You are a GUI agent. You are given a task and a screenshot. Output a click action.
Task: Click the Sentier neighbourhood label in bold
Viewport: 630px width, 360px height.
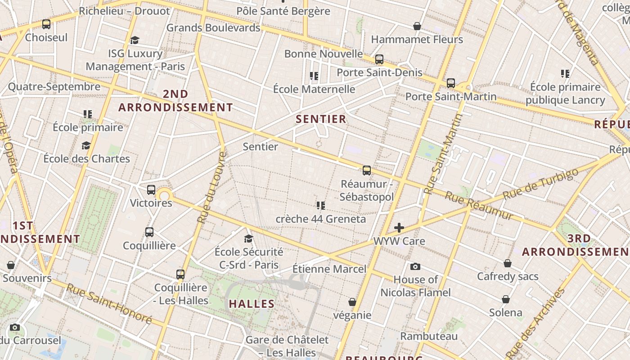tap(321, 119)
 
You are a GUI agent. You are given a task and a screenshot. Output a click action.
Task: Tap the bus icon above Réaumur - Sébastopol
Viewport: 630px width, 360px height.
tap(367, 171)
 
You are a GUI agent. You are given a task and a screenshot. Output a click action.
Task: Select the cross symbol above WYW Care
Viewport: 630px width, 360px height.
tap(399, 228)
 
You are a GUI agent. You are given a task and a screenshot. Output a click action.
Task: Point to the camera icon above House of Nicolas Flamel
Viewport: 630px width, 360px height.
tap(415, 266)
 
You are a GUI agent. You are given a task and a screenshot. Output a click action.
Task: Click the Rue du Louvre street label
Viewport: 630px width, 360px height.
tap(211, 187)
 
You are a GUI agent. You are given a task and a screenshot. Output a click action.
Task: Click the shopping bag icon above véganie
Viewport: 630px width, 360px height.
tap(352, 302)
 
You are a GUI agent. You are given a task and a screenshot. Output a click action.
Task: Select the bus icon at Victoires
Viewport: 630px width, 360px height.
tap(151, 190)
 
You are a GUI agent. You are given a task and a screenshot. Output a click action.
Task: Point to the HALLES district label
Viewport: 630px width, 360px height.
tap(252, 304)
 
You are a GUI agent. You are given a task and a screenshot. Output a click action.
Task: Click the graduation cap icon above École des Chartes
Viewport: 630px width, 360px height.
tap(86, 145)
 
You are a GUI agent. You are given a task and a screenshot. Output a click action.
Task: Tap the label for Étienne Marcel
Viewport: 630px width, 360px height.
tap(329, 269)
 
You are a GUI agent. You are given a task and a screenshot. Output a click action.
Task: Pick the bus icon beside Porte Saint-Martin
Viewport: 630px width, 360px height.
tap(451, 83)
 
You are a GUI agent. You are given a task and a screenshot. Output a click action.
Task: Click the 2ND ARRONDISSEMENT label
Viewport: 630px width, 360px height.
tap(175, 101)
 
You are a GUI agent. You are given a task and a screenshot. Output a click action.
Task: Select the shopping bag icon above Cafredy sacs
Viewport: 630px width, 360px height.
tap(508, 263)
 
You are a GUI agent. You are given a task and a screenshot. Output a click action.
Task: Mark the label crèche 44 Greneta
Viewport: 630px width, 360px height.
tap(321, 219)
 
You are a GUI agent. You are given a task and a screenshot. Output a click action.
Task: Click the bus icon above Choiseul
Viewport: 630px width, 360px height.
tap(46, 24)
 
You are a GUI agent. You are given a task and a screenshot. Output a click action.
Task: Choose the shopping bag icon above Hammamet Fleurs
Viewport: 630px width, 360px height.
tap(417, 27)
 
